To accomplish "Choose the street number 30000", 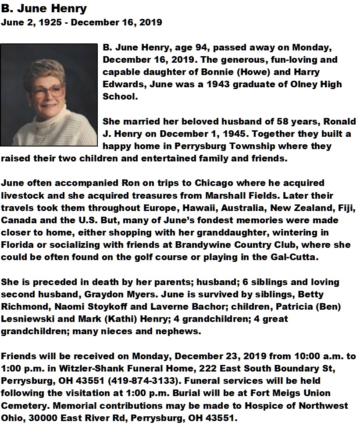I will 43,418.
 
